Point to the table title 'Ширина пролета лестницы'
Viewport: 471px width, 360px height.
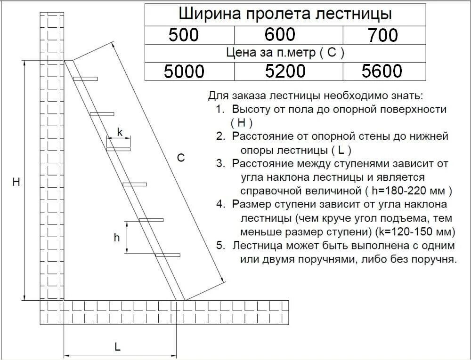click(285, 14)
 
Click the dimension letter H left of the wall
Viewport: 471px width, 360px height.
click(16, 182)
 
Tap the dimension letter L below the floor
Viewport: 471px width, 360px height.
click(117, 347)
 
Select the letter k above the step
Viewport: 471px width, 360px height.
click(120, 133)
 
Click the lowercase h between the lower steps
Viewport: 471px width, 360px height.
click(117, 238)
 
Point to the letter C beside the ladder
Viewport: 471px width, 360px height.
click(180, 158)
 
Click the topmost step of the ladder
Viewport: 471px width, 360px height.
click(85, 79)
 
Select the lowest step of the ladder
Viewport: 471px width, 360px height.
click(168, 255)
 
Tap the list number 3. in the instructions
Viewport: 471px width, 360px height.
click(220, 164)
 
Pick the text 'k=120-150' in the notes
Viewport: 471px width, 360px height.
click(414, 232)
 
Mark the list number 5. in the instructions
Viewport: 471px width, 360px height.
click(220, 246)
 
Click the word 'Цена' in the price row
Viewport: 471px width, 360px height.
click(237, 53)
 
